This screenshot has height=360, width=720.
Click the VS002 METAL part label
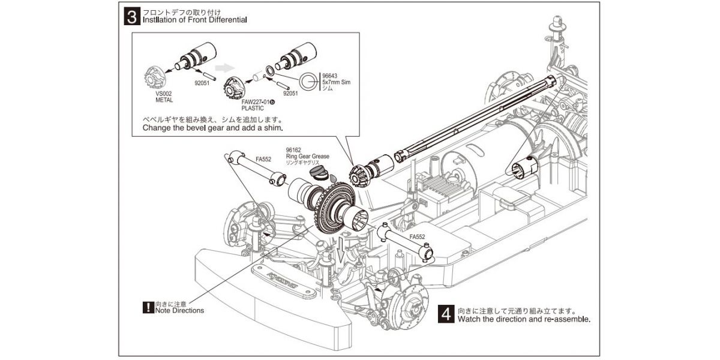click(x=164, y=97)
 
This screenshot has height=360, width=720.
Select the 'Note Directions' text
click(x=179, y=311)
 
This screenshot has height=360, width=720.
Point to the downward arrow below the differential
click(x=341, y=250)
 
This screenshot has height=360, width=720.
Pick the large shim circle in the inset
click(x=309, y=80)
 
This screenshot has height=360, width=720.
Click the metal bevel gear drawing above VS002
click(x=157, y=76)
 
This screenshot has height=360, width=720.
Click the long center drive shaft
click(x=474, y=120)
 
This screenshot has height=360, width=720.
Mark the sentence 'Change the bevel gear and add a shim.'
click(x=212, y=128)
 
